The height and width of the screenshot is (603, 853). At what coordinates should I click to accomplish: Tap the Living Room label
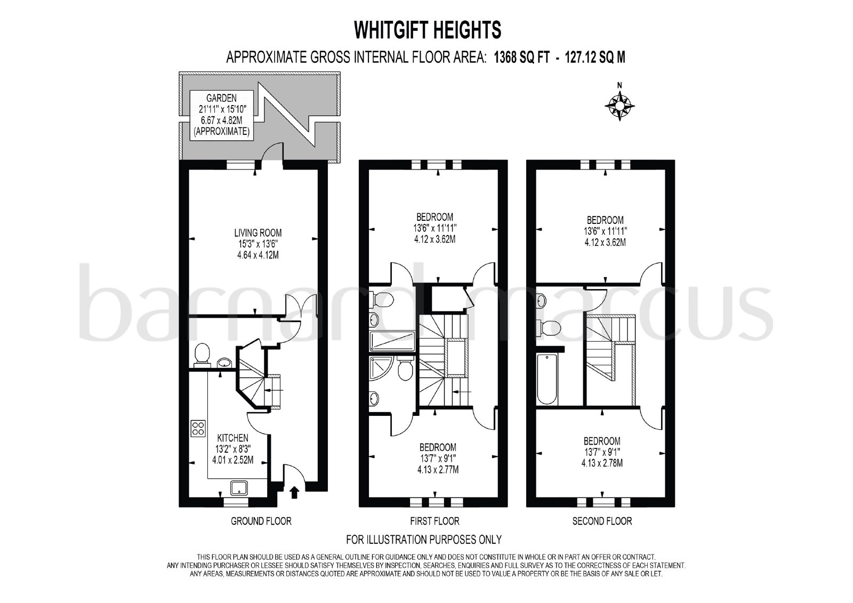tap(258, 232)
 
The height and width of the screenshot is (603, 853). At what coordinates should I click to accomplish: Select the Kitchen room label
tap(232, 438)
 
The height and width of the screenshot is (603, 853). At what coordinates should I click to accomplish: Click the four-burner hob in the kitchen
tap(198, 428)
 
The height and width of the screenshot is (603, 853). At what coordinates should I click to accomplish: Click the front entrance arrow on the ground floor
tap(294, 492)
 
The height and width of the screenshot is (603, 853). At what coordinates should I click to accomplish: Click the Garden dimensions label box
tap(222, 115)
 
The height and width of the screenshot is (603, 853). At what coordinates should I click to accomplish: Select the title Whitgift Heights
tap(428, 30)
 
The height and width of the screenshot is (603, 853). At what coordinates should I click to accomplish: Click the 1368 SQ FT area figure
tap(522, 58)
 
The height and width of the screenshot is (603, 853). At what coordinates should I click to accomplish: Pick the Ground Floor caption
tap(261, 521)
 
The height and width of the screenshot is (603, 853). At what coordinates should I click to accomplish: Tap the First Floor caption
tap(434, 521)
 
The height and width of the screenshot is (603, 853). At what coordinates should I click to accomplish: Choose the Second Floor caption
tap(602, 521)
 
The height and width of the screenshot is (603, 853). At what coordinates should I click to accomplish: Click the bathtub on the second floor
tap(547, 380)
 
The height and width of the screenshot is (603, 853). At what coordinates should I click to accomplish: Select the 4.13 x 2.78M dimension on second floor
tap(602, 463)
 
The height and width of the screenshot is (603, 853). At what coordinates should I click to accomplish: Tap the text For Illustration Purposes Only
tap(424, 540)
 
